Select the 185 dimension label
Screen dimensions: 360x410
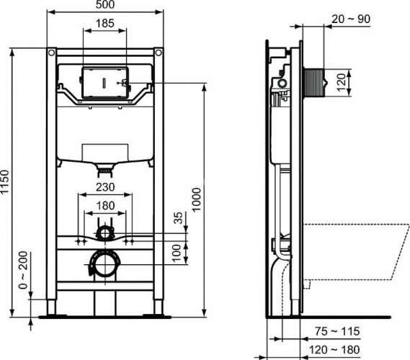pos(105,24)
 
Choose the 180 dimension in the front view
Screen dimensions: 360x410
pos(105,205)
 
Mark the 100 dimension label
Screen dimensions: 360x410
pos(179,251)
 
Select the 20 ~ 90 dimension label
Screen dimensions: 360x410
pos(351,19)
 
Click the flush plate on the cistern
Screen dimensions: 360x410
pos(105,82)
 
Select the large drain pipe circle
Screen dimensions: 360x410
pos(105,264)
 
